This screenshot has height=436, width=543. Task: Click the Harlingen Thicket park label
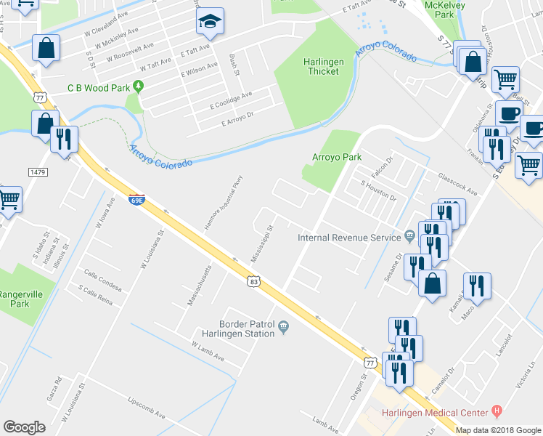tap(323, 66)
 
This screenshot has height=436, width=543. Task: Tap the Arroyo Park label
tap(337, 156)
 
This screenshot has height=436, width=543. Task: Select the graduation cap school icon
tap(211, 24)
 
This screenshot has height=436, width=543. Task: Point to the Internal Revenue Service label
tap(350, 238)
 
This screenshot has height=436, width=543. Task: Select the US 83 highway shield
tap(253, 280)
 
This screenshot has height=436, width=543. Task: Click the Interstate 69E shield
tap(136, 198)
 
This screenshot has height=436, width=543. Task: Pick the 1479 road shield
tap(39, 171)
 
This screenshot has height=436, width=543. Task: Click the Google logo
tap(24, 427)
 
